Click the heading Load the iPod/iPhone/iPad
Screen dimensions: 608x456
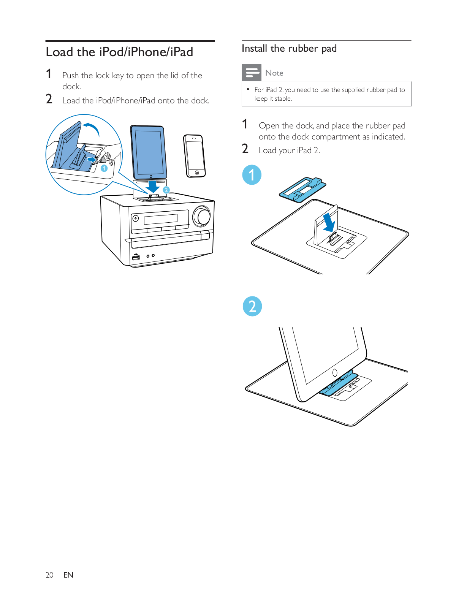(119, 52)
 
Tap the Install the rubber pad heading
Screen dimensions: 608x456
(289, 49)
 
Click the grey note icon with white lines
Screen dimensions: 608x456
(252, 73)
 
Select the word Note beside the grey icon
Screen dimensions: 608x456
(274, 73)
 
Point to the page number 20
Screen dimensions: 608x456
(49, 575)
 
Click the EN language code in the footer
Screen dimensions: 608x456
(68, 575)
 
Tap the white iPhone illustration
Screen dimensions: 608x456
(195, 156)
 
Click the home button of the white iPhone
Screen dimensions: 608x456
(197, 173)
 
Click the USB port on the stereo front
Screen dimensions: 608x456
(136, 258)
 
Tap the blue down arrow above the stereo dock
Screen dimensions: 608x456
(153, 186)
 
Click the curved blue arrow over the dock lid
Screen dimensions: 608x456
(92, 128)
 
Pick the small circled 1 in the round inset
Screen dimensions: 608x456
(104, 168)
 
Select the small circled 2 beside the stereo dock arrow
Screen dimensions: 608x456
(166, 190)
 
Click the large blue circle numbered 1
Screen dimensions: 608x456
(252, 175)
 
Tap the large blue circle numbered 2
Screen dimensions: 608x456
(252, 306)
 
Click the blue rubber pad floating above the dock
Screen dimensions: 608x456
(302, 189)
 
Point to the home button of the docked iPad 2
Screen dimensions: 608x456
(335, 373)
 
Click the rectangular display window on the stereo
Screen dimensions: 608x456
(160, 219)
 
